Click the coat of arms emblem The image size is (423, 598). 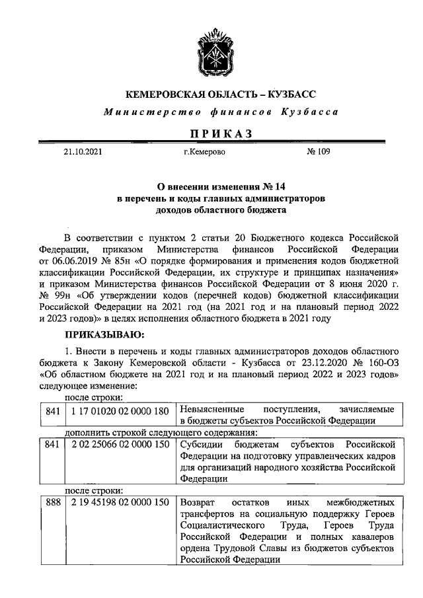pyautogui.click(x=212, y=50)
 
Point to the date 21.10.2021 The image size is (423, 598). pyautogui.click(x=83, y=152)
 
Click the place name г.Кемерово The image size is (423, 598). pyautogui.click(x=205, y=152)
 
